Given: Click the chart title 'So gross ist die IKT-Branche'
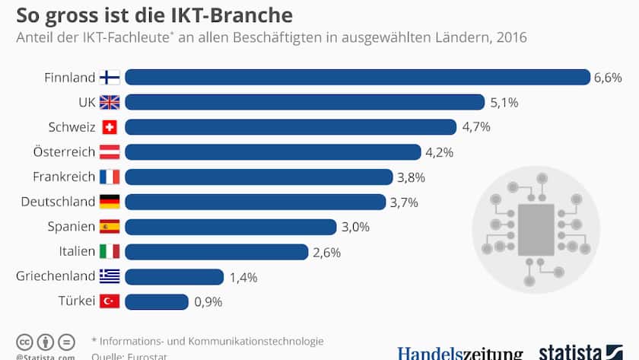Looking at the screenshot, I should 154,14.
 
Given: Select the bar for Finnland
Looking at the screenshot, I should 358,77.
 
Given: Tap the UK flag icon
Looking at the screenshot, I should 110,102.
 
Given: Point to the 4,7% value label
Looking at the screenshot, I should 475,127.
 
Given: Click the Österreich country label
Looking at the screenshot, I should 64,152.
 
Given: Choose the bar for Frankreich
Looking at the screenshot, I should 258,177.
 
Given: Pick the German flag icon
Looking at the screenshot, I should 110,202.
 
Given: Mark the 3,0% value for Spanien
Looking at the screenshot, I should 354,227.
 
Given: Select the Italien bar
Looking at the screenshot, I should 216,252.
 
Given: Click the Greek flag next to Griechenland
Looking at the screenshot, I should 110,276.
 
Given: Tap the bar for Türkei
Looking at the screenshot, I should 157,301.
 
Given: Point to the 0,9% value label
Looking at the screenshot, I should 208,302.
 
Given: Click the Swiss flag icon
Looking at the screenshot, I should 110,127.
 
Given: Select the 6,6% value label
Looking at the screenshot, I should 609,78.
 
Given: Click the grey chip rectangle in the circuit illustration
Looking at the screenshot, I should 536,229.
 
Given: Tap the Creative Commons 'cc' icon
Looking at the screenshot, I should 24,342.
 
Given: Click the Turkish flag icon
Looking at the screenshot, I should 110,301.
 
